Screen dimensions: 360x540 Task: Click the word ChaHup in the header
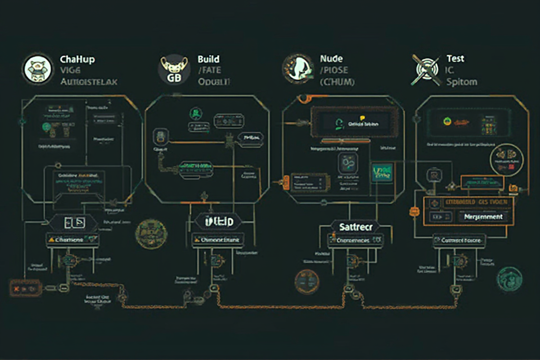pos(77,59)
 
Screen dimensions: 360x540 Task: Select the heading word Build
pos(208,59)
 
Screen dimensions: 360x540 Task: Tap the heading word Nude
pos(331,59)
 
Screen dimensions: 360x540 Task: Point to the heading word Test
pos(455,58)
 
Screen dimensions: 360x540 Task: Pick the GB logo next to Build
pos(173,70)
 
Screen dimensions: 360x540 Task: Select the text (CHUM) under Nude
pos(337,82)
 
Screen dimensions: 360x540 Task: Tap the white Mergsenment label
pos(483,216)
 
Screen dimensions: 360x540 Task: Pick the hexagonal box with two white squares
pos(73,222)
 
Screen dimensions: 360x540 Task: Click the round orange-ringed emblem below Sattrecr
pos(307,282)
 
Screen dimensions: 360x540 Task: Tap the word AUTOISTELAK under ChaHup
pos(89,82)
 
